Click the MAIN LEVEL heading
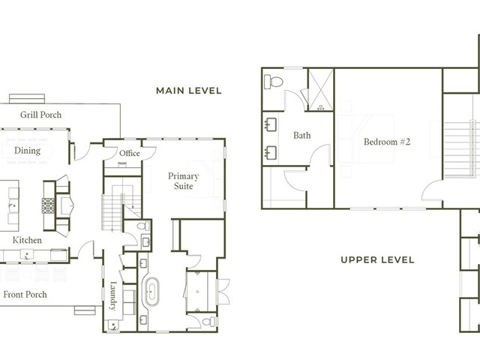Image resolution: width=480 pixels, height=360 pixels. [188, 91]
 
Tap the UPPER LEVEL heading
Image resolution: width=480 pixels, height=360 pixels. [377, 260]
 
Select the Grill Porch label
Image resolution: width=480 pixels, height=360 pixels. [40, 115]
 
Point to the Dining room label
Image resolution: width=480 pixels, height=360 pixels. [27, 151]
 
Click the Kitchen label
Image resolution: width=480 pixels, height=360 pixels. [27, 240]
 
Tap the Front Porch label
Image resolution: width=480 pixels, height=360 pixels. [25, 295]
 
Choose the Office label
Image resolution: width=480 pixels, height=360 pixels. [130, 153]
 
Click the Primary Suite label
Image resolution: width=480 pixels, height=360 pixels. [183, 181]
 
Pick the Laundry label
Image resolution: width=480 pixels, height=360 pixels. [113, 295]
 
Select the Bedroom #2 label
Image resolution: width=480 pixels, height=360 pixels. [387, 142]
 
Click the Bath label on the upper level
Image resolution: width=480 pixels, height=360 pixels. [301, 135]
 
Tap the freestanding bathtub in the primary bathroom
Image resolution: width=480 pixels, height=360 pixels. [151, 292]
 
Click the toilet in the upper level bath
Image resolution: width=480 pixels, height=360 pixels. [273, 82]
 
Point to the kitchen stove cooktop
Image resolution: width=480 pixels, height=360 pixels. [48, 205]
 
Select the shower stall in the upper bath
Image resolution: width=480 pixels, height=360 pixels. [320, 90]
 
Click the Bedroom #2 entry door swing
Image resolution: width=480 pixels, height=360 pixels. [432, 190]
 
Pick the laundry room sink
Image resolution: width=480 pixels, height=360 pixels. [112, 325]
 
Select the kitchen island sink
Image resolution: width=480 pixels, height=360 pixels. [13, 205]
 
